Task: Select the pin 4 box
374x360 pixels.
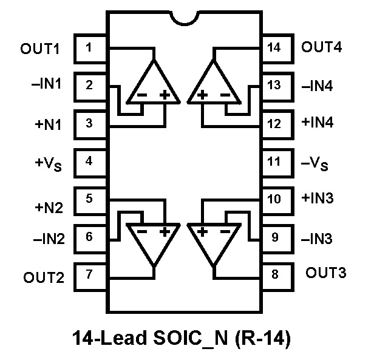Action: pyautogui.click(x=90, y=161)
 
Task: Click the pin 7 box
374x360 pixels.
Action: pyautogui.click(x=90, y=274)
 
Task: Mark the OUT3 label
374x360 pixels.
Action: pyautogui.click(x=326, y=273)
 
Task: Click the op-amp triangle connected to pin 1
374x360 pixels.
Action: pyautogui.click(x=154, y=85)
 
